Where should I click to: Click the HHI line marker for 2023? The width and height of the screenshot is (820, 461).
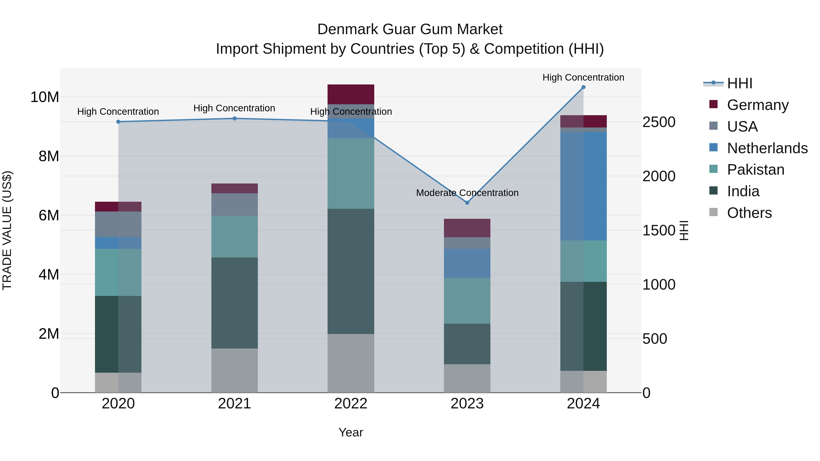(467, 203)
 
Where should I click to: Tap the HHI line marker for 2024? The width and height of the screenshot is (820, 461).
(583, 87)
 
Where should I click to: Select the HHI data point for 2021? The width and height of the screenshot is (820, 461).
(234, 118)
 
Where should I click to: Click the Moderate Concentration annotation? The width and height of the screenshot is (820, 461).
(467, 193)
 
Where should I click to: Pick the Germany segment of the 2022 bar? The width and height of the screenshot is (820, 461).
(351, 94)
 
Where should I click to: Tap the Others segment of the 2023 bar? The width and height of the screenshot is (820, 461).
(467, 378)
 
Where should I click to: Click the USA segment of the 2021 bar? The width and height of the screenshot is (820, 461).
(234, 205)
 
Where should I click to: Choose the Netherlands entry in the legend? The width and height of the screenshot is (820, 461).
(767, 148)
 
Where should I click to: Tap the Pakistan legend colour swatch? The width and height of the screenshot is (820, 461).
(713, 169)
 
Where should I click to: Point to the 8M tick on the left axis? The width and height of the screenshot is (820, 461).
(48, 156)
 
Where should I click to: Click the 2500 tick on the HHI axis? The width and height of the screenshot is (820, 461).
(659, 122)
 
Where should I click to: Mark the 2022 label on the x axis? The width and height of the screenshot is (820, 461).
(351, 404)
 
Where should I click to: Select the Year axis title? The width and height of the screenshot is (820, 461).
(351, 432)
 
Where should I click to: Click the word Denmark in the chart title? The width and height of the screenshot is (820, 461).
(347, 29)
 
